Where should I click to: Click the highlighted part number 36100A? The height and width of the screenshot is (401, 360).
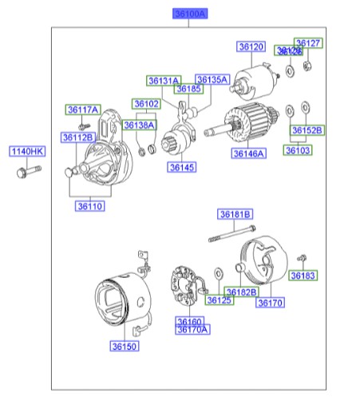(190, 14)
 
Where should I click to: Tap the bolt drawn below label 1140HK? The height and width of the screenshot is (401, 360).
(23, 170)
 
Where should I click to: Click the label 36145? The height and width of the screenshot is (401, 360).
(181, 167)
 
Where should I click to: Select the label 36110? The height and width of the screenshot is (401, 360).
(90, 206)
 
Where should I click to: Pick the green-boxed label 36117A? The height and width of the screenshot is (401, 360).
(82, 109)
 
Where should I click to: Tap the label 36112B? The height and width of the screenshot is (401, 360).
(78, 137)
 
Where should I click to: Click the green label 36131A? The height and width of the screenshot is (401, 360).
(163, 80)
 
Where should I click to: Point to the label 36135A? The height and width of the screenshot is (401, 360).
(212, 80)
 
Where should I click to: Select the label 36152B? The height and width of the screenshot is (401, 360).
(307, 129)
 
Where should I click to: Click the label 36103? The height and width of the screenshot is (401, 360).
(299, 149)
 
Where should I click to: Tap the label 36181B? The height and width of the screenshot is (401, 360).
(235, 214)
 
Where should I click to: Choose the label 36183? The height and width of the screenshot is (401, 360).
(303, 276)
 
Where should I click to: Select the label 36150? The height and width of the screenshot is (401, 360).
(125, 346)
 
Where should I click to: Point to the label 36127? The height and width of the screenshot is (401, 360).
(308, 43)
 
